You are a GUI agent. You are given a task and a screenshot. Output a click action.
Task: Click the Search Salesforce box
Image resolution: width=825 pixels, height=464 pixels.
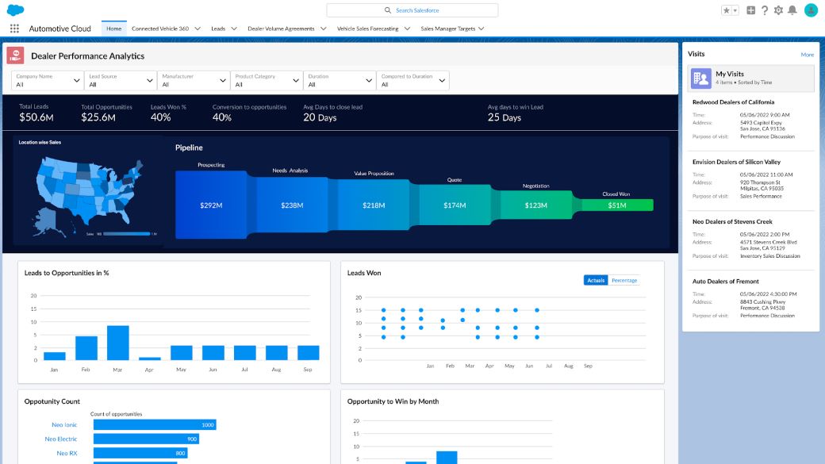412,10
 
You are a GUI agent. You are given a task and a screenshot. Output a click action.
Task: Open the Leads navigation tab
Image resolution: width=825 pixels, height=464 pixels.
218,29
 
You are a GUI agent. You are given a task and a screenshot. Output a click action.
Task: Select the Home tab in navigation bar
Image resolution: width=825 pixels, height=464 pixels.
114,29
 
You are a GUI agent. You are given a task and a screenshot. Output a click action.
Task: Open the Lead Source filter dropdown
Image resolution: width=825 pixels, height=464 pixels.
121,80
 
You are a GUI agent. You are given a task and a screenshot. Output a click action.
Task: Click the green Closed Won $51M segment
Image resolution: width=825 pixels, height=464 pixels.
617,205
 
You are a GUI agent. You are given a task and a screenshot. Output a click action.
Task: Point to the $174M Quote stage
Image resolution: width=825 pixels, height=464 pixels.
455,205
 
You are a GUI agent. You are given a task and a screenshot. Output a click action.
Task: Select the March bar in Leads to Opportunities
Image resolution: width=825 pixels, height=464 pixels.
118,343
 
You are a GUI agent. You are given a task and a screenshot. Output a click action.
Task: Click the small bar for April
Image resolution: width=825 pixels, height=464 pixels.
150,359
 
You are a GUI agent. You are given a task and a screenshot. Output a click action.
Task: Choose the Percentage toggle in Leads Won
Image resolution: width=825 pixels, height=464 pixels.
624,280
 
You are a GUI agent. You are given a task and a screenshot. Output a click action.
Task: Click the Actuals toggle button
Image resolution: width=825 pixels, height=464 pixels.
596,280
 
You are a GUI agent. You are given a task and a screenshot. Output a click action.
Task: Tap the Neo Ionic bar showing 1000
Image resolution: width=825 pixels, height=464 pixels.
155,424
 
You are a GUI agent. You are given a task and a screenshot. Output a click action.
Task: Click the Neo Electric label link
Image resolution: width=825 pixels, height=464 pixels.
61,439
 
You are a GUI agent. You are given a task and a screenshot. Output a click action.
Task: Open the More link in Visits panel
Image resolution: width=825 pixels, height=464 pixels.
807,55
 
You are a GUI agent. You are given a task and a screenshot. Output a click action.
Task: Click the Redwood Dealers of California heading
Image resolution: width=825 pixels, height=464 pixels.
733,102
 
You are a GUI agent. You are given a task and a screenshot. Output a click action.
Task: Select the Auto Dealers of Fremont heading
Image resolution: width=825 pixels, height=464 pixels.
726,282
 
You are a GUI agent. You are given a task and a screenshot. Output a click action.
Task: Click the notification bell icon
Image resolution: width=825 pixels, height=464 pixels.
792,10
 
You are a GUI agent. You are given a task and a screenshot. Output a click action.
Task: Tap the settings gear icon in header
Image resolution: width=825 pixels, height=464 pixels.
778,10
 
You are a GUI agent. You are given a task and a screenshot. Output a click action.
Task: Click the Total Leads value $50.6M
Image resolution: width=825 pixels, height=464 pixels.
36,117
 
